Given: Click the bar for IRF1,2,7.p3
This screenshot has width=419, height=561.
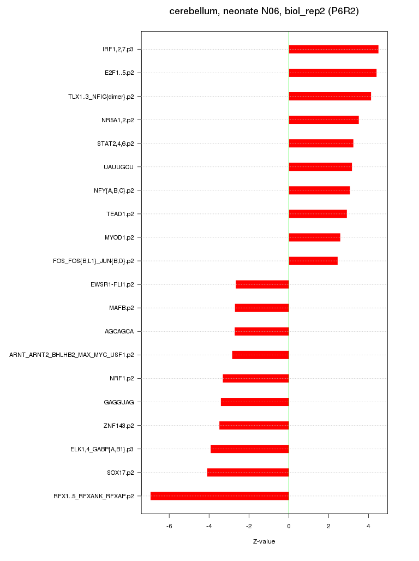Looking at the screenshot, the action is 333,49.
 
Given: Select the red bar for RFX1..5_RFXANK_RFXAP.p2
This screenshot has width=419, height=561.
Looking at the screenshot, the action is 220,496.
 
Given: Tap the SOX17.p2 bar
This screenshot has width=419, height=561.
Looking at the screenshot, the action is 248,472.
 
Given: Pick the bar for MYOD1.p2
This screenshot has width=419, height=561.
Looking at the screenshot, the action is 314,237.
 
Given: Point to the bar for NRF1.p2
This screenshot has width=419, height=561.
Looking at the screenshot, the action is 256,378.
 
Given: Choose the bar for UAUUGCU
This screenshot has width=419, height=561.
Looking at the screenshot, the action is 320,167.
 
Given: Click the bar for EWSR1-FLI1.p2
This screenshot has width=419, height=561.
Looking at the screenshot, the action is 262,284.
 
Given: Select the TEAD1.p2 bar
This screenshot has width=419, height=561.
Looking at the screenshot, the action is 318,214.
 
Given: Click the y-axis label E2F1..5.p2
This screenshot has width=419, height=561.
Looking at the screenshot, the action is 119,73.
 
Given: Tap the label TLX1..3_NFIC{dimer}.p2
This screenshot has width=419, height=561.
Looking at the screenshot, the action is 101,97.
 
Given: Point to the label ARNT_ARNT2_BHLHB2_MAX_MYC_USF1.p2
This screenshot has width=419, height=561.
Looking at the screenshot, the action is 71,355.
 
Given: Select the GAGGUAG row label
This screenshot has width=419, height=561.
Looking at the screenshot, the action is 119,402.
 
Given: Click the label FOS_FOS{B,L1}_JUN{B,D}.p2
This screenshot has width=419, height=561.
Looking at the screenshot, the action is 93,261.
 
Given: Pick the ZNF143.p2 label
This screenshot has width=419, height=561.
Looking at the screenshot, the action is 119,426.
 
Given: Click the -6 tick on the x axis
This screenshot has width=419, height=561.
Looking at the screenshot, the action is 169,526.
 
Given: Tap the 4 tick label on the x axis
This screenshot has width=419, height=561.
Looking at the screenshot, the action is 369,526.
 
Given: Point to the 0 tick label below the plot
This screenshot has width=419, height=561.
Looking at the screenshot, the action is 289,526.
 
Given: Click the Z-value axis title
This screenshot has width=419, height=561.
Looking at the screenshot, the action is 264,541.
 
